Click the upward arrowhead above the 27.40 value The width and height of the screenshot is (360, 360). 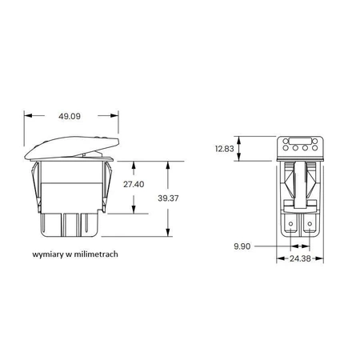pos(134,165)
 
